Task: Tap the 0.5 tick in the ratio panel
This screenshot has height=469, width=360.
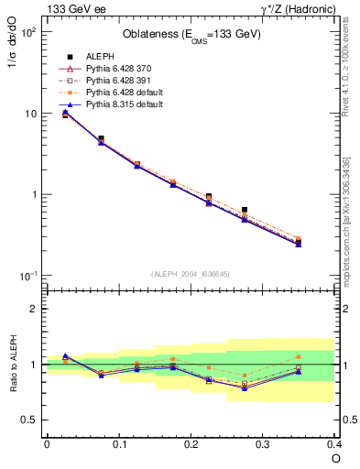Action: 30,420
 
